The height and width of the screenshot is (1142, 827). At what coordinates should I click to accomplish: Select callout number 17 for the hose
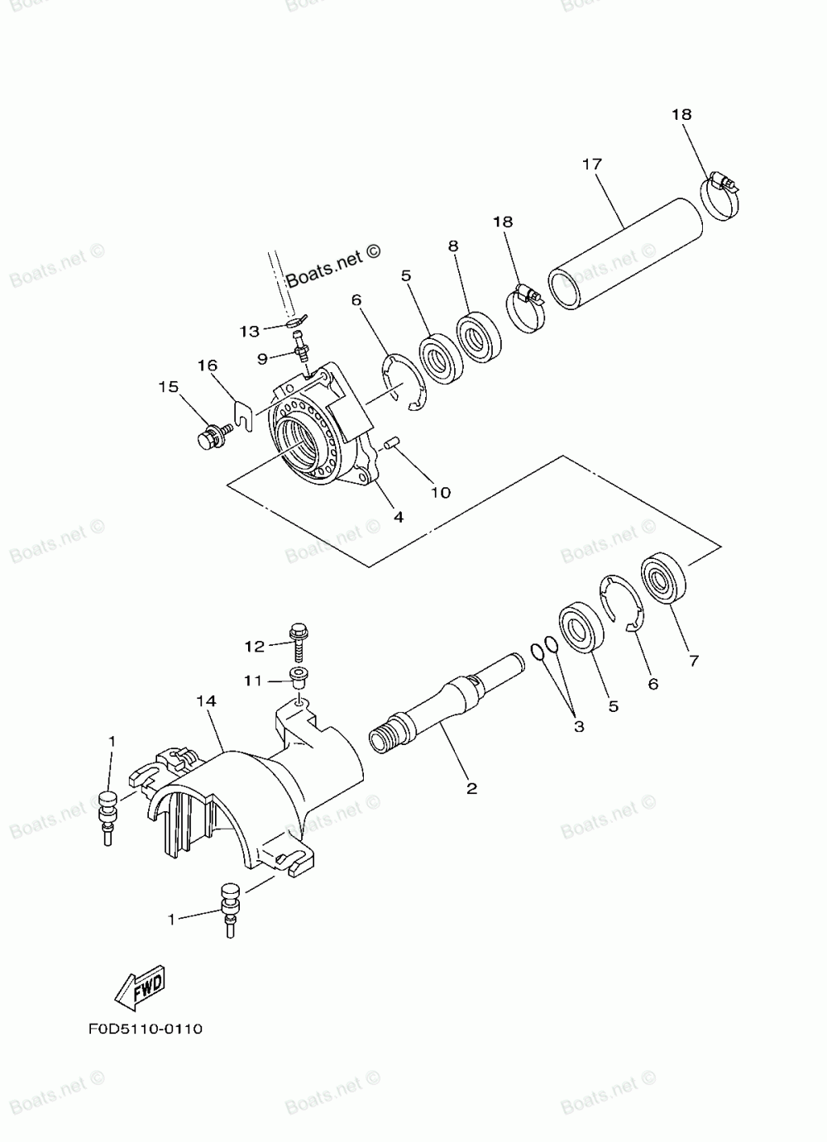click(x=591, y=164)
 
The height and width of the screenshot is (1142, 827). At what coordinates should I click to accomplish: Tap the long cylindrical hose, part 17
click(x=628, y=251)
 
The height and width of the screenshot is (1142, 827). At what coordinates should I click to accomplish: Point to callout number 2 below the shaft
click(x=471, y=788)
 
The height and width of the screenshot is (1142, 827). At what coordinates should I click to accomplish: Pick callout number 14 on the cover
click(x=206, y=700)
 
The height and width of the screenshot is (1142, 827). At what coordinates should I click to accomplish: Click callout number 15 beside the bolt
click(x=169, y=386)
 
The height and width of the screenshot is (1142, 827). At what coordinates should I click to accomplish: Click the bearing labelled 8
click(x=479, y=336)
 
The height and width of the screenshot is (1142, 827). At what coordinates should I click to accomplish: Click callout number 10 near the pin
click(x=440, y=492)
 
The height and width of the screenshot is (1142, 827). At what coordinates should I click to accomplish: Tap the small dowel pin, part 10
click(x=392, y=446)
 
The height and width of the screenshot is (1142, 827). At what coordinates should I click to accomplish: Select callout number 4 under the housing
click(x=398, y=517)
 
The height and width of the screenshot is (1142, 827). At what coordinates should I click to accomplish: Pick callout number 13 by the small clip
click(x=250, y=331)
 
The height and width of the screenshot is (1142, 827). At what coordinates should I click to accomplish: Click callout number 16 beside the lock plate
click(x=207, y=366)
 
